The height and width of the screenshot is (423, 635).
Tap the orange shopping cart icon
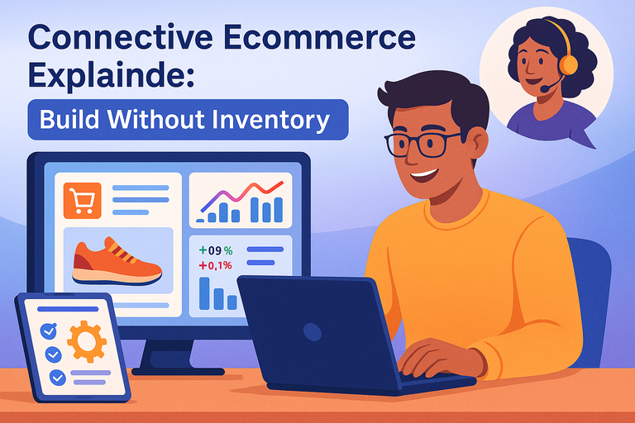click(81, 201)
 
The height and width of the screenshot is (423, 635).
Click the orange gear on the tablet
click(86, 342)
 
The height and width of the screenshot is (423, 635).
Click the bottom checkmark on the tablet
click(57, 378)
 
